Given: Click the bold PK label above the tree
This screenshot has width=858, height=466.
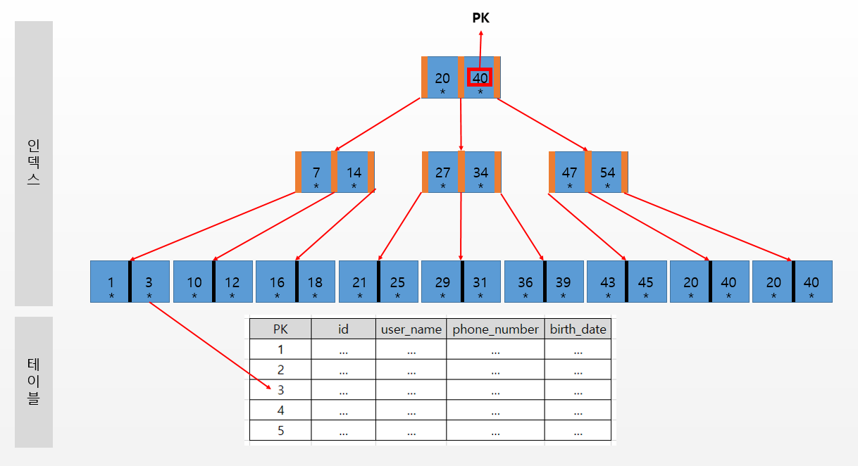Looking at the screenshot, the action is point(480,18).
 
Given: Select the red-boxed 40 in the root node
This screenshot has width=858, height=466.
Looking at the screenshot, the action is point(480,77).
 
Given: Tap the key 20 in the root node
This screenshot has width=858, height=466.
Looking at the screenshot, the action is point(442,79).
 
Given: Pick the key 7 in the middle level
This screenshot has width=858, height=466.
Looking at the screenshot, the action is point(316,172).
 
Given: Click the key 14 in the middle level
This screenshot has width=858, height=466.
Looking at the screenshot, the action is point(354,172).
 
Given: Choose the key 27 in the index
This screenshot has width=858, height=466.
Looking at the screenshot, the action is point(443,172).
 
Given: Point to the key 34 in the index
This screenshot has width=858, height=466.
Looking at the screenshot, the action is point(480,172).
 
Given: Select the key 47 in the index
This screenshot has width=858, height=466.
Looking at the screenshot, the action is point(570,172).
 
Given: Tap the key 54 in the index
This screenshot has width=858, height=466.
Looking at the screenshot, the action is point(607,172).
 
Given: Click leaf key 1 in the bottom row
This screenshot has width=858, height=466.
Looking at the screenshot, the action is point(111,282).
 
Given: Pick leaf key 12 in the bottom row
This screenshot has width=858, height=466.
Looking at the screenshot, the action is point(232,282).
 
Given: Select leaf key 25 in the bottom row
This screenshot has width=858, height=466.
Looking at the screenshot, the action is point(397,282).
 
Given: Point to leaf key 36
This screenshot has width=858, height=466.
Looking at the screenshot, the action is point(525,282).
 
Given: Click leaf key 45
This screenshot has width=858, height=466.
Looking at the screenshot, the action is point(645,282).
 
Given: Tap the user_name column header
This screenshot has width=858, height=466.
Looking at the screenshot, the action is point(411,329).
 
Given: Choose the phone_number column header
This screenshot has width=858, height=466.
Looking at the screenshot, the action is point(496,329).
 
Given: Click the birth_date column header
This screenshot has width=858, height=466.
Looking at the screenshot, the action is point(578,329).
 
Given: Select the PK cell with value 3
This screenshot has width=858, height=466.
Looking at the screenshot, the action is point(280,390).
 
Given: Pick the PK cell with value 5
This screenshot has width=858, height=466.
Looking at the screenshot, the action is point(280,430).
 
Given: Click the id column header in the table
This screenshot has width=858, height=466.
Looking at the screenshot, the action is point(343,329).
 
